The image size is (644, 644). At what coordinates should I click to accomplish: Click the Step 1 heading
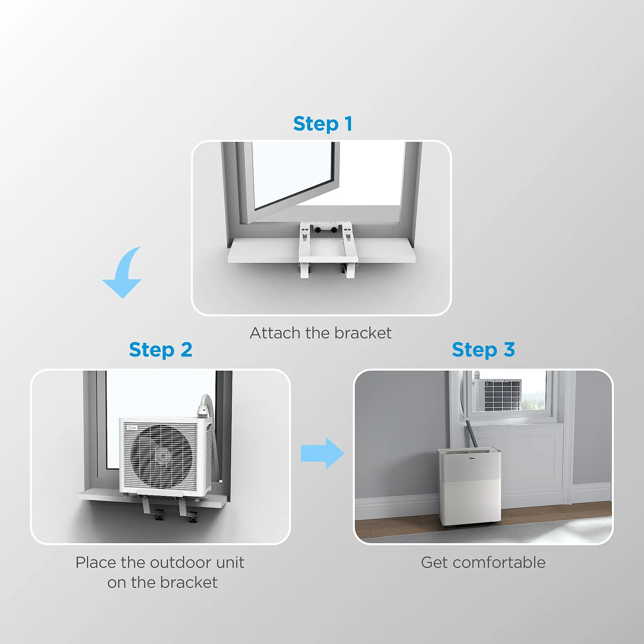[323, 124]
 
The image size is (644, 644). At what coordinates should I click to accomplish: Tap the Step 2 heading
[161, 350]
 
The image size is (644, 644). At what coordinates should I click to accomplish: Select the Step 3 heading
[483, 350]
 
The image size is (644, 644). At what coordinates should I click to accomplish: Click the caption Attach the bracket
[321, 333]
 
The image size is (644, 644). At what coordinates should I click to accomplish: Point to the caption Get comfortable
[483, 562]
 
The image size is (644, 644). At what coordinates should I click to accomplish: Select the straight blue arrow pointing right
[322, 453]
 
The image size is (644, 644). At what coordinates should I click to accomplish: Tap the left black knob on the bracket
[317, 230]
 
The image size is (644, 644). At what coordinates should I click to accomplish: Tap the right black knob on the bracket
[334, 230]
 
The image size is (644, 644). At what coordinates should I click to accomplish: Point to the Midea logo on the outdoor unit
[132, 428]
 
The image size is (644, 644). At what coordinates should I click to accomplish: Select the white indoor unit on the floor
[469, 487]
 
